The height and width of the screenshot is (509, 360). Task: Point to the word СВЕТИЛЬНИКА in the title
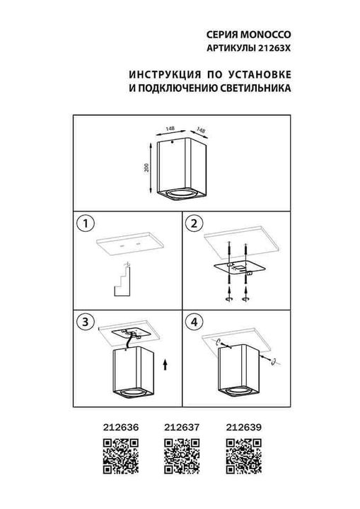[255, 90]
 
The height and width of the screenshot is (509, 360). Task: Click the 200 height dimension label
[146, 168]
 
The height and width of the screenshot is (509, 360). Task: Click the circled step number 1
[85, 225]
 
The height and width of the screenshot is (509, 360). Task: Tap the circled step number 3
[85, 322]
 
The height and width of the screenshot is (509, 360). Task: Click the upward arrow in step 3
[165, 365]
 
